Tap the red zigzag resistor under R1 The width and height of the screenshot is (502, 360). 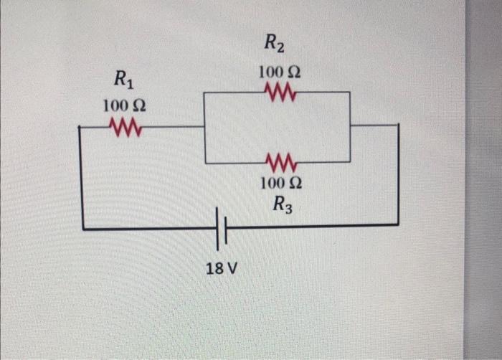125,128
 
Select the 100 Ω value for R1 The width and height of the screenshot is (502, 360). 124,106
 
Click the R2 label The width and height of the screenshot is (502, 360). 274,44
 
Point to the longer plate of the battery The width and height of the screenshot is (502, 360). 217,227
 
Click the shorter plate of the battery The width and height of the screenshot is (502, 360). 225,229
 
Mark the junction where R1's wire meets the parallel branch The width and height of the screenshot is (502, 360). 205,127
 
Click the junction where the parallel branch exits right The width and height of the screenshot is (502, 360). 350,125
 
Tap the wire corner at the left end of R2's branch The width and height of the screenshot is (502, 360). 205,92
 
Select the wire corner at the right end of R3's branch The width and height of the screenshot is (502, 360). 350,162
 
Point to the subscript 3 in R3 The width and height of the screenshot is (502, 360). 288,208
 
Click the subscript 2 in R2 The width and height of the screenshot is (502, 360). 280,48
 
